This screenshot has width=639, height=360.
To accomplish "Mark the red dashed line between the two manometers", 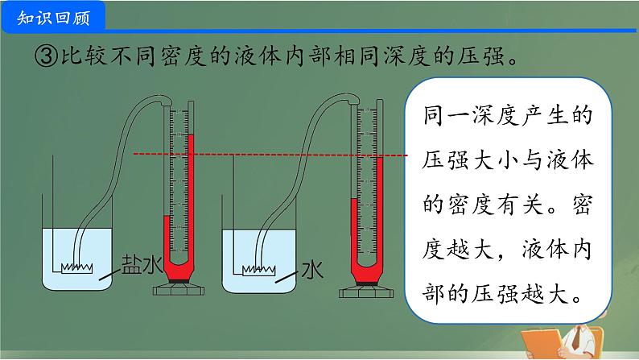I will click(x=274, y=154).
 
